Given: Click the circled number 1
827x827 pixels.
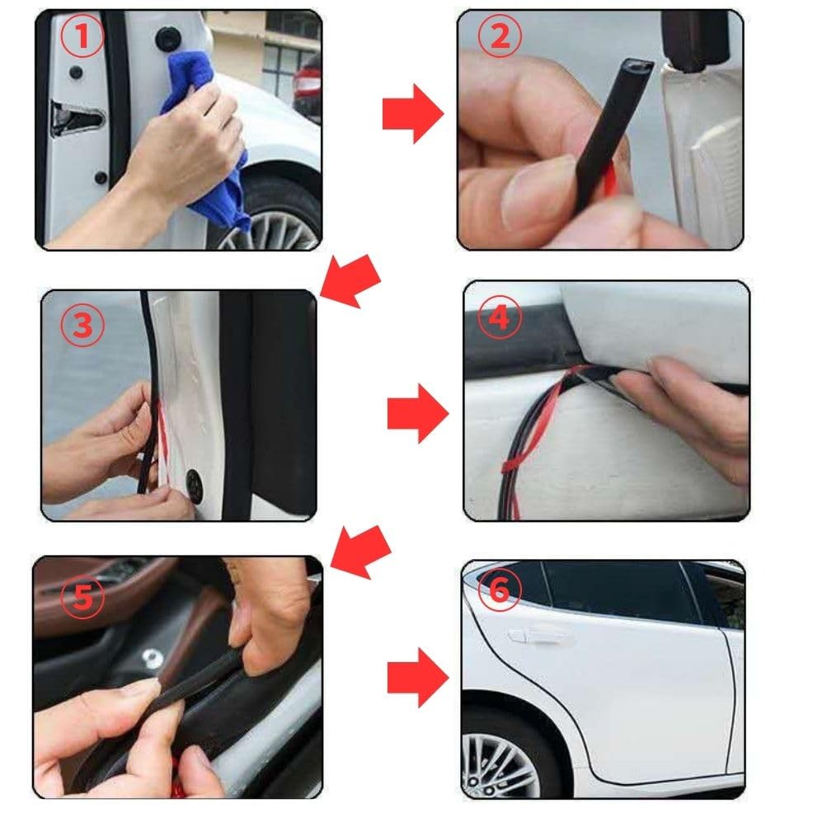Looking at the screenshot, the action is click(82, 35).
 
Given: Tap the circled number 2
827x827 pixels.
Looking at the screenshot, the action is click(500, 35).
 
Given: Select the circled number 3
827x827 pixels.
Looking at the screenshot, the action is click(82, 325).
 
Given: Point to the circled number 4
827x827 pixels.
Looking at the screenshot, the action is click(500, 317).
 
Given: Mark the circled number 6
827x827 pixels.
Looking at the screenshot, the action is click(500, 590).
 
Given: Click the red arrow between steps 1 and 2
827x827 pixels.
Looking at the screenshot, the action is click(413, 114).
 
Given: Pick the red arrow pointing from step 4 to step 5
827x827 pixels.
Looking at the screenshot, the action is click(361, 552).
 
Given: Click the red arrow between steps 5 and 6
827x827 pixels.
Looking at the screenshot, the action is click(418, 678).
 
